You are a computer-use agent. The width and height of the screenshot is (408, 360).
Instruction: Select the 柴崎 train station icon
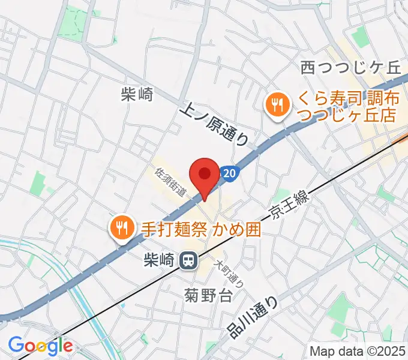coord(188,260)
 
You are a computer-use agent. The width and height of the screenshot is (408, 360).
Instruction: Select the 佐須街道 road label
coord(170,184)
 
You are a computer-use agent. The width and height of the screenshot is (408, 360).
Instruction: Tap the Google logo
coord(40,346)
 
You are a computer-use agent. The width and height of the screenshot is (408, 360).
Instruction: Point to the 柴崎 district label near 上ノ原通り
coord(137,94)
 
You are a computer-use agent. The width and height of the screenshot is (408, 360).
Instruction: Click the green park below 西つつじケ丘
coord(359,37)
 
